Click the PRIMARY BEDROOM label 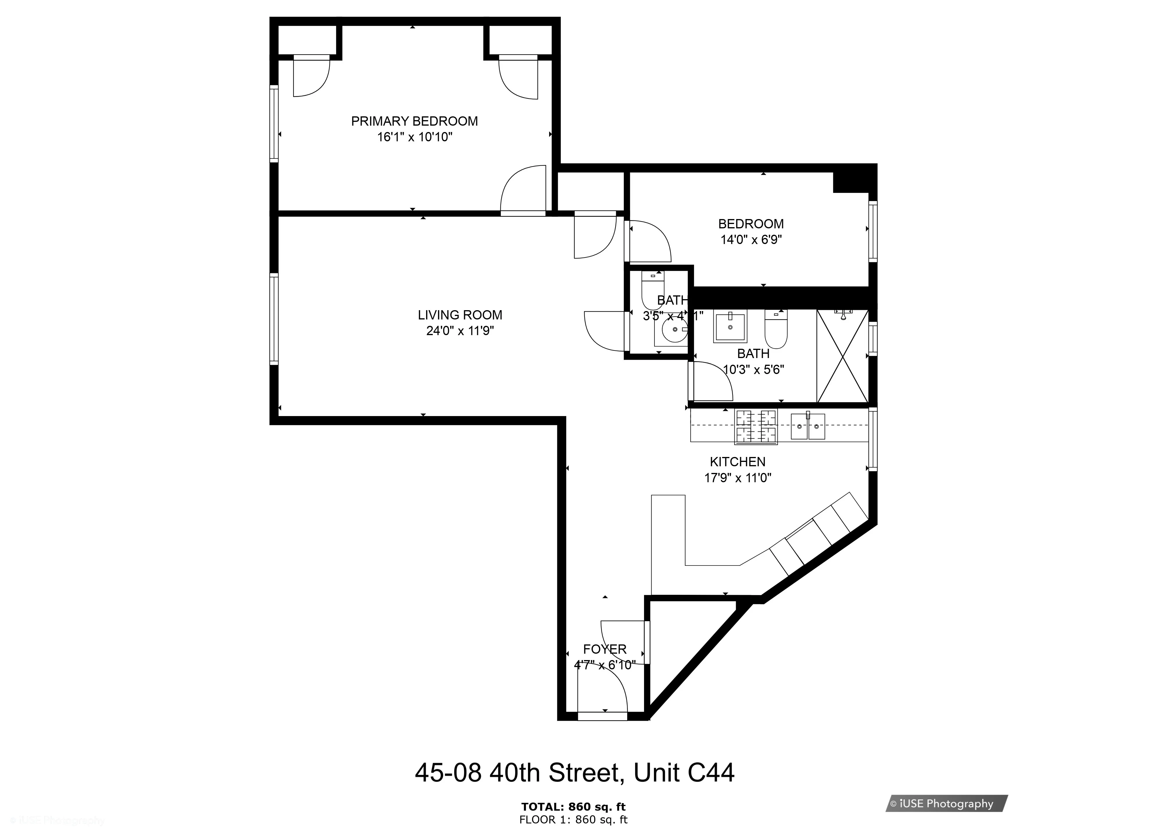point(414,121)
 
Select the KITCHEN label point(737,462)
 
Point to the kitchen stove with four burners point(756,427)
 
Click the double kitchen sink point(807,426)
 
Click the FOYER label point(605,649)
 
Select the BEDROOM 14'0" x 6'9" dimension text point(751,240)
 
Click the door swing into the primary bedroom point(524,190)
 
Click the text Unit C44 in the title point(683,772)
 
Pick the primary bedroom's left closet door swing point(311,76)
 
